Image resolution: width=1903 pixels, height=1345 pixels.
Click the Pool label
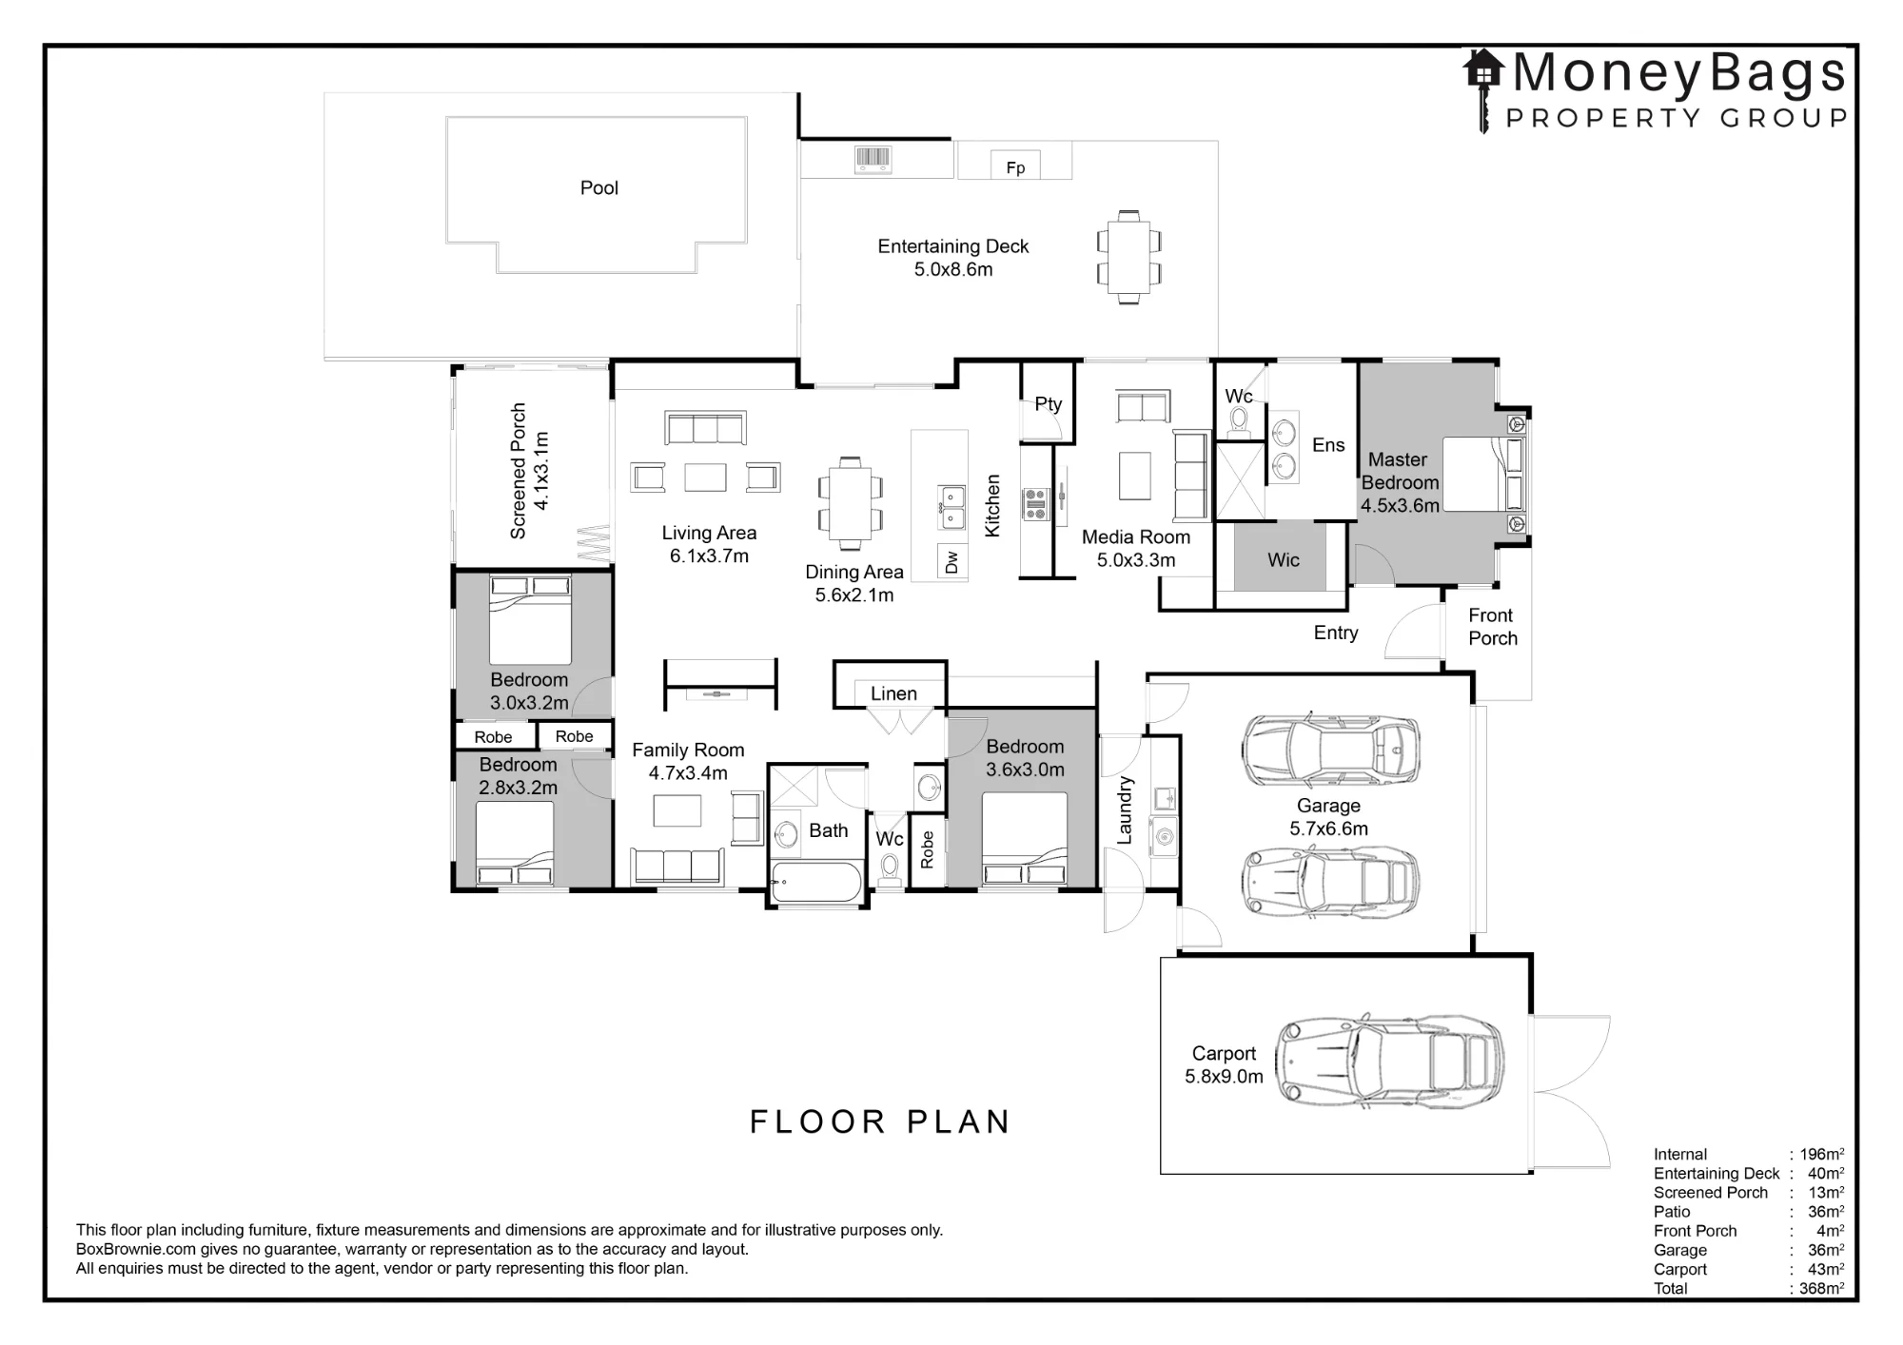[599, 188]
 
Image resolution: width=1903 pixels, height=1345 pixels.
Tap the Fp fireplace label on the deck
[1015, 168]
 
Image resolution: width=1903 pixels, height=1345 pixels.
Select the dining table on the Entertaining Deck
[1128, 257]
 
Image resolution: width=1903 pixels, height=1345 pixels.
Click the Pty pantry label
[1048, 404]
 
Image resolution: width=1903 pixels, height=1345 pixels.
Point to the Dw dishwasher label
[952, 562]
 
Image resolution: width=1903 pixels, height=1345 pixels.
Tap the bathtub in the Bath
[816, 882]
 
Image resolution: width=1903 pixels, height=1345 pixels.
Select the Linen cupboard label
[893, 694]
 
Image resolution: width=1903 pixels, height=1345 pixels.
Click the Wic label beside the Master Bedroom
[1283, 560]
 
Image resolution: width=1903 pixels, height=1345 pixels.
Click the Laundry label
[1125, 810]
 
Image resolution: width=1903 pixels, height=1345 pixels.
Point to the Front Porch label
[1492, 627]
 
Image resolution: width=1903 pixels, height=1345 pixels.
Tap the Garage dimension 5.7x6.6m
[1328, 829]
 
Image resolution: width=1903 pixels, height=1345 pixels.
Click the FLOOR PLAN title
[880, 1122]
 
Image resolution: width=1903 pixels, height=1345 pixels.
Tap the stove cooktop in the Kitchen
[1034, 503]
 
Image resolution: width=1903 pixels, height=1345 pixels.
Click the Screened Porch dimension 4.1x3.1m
[540, 471]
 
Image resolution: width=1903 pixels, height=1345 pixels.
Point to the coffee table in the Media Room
[1134, 476]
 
